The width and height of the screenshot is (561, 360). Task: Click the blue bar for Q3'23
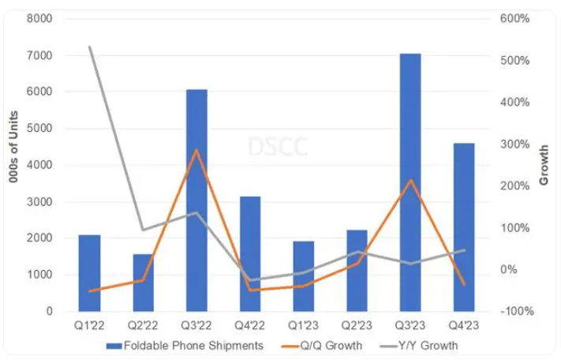(410, 182)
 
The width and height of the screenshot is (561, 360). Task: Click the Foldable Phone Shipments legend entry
(190, 345)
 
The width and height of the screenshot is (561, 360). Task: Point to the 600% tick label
(514, 18)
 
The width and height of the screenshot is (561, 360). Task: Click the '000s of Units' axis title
(14, 165)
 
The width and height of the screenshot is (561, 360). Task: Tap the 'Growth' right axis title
(544, 165)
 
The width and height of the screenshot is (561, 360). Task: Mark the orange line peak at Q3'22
(196, 149)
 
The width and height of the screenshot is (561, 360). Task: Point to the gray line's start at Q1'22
(90, 47)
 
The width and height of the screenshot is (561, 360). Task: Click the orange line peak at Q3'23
(410, 180)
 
